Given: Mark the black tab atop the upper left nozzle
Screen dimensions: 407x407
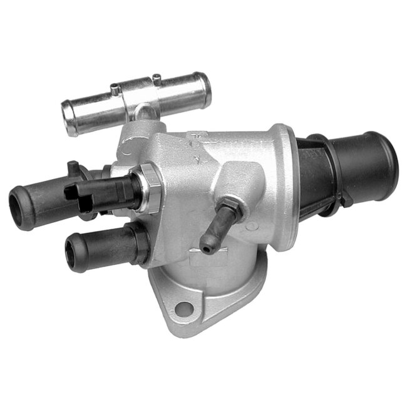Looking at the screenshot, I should [74, 167].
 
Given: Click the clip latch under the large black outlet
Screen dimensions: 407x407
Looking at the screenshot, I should [339, 200].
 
